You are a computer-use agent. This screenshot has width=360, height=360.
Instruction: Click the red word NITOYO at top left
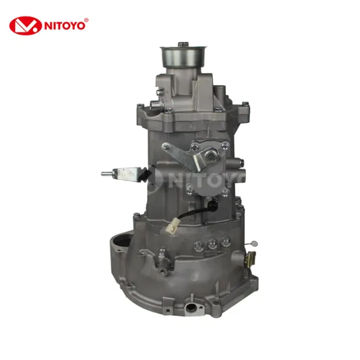pos(63,26)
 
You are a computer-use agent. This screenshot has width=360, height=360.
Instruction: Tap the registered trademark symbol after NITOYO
pos(87,20)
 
